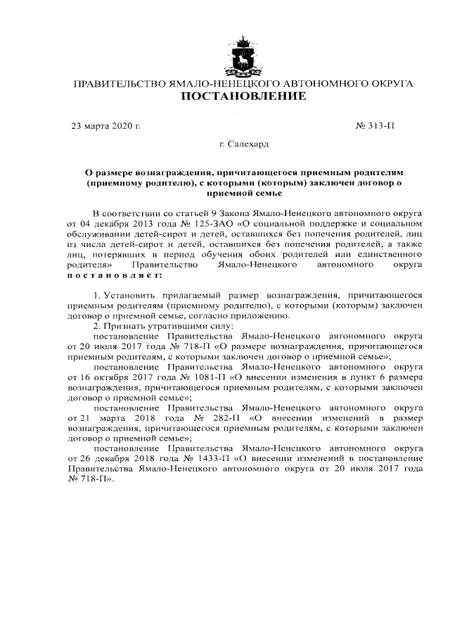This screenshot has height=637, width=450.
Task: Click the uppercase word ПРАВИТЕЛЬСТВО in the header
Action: coord(119,84)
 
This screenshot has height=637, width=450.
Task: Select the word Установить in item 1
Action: coord(131,296)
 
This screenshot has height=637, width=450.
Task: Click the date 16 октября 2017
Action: coord(115,377)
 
